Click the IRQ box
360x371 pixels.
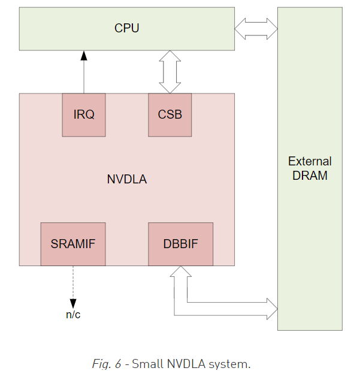tap(84, 114)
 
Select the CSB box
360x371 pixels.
tap(170, 114)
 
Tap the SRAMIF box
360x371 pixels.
tap(73, 244)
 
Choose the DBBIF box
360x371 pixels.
tap(180, 244)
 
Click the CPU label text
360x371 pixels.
tap(126, 28)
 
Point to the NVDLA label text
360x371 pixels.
tap(126, 179)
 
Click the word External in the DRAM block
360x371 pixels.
tap(310, 161)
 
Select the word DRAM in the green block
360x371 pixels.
tap(310, 176)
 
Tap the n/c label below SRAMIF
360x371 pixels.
tap(73, 315)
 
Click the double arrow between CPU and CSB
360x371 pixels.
tap(170, 71)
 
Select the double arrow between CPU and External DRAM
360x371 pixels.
tap(256, 28)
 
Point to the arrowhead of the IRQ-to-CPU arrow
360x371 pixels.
tap(84, 55)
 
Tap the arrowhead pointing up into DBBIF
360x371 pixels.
tap(180, 272)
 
